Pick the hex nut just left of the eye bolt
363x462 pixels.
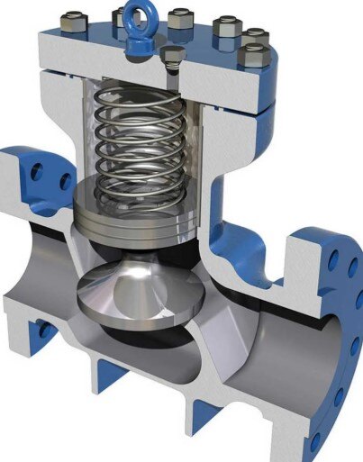coord(119,16)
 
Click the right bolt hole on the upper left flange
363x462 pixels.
coord(65,181)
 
